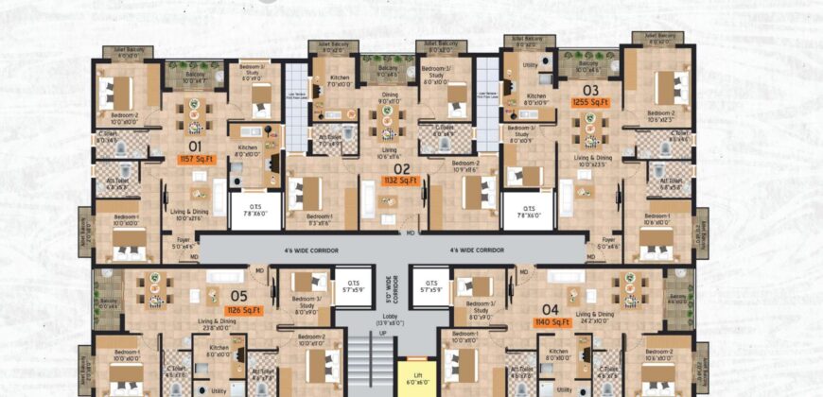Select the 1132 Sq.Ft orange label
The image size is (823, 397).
400,180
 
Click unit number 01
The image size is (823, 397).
195,147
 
